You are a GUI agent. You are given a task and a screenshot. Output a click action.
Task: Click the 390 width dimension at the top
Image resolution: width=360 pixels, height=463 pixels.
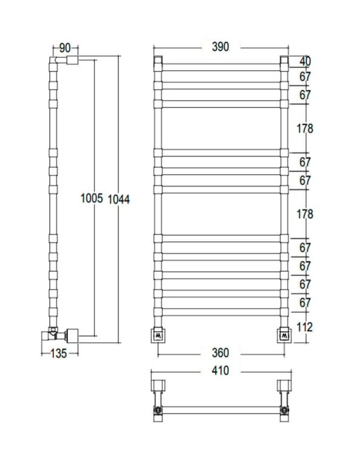click(220, 47)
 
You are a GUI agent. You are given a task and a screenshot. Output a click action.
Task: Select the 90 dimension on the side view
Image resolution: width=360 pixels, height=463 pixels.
click(65, 47)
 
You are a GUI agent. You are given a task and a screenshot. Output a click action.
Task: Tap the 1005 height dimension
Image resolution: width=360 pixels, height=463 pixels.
click(92, 199)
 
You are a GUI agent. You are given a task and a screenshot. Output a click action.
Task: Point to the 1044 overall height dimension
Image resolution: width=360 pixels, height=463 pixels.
click(119, 200)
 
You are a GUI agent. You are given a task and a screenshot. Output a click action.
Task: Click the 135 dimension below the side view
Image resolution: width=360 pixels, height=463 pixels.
click(59, 354)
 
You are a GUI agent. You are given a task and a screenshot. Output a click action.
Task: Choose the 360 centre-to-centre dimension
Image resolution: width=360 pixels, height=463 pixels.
click(220, 353)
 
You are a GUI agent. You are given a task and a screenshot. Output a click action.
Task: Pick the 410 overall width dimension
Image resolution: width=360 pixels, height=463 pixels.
click(220, 371)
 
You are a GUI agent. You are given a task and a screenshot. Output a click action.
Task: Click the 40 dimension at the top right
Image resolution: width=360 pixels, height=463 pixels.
click(305, 61)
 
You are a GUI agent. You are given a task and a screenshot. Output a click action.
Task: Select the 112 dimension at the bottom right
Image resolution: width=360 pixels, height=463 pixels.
click(305, 327)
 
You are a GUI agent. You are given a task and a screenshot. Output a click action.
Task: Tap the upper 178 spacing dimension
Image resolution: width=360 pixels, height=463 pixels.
click(305, 128)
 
